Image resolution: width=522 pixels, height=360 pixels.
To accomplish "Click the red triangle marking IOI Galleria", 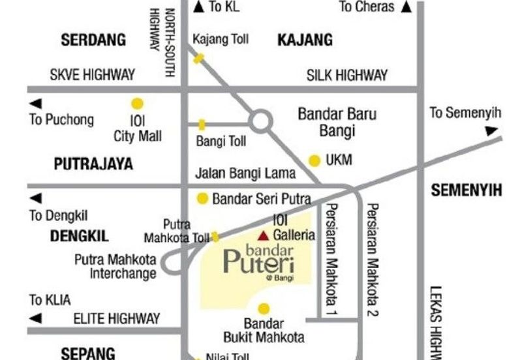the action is point(263,235).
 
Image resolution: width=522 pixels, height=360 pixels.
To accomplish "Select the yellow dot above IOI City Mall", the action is point(137,103).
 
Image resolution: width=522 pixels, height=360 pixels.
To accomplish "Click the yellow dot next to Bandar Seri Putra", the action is point(203,198).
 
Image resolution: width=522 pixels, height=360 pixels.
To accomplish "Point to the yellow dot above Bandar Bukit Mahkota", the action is point(264,308).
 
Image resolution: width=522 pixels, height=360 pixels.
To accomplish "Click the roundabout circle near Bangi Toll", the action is point(261,121).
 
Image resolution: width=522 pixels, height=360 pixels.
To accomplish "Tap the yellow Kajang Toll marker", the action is point(198,58).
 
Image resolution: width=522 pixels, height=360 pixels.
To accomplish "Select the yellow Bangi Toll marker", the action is point(202,124).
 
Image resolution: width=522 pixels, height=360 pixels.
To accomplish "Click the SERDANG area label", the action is point(93,40).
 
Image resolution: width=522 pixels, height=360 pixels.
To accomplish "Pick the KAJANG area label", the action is point(305,40).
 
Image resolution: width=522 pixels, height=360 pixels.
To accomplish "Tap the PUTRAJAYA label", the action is point(94,164).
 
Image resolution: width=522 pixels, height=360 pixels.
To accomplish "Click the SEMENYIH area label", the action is point(467,190).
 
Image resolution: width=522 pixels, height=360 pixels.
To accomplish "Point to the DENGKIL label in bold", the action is point(80,236).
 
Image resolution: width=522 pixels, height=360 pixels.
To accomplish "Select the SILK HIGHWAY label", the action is point(347,75).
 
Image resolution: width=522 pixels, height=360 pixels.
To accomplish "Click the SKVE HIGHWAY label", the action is point(93,75).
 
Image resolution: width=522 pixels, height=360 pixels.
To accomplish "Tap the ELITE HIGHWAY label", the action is point(116,319).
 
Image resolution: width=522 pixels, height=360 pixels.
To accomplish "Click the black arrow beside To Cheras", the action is point(407,7).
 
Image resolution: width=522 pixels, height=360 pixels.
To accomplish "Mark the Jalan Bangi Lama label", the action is point(245,174).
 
